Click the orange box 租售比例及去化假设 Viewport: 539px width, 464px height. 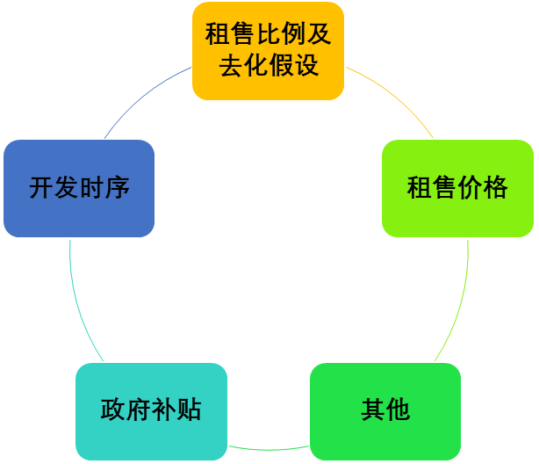point(268,51)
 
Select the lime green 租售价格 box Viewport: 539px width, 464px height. point(456,187)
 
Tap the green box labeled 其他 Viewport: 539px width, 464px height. point(384,410)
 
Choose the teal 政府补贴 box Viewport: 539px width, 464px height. point(151,410)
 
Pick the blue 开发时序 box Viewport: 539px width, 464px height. point(79,187)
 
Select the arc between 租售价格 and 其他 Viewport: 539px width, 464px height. point(458,303)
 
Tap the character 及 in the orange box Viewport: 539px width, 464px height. point(319,35)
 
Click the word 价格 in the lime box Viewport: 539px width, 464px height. point(482,187)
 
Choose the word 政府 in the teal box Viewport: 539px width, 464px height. point(126,410)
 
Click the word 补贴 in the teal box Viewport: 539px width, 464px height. point(176,410)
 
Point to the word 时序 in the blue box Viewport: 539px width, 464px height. point(104,187)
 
